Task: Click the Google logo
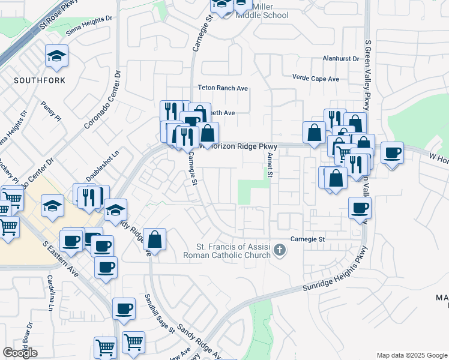pos(20,353)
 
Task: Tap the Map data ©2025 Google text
pos(411,355)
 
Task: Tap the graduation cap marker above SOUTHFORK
pos(57,57)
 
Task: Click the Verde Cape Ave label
pos(315,79)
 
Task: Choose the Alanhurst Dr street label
pos(340,59)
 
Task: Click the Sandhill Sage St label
pos(159,313)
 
